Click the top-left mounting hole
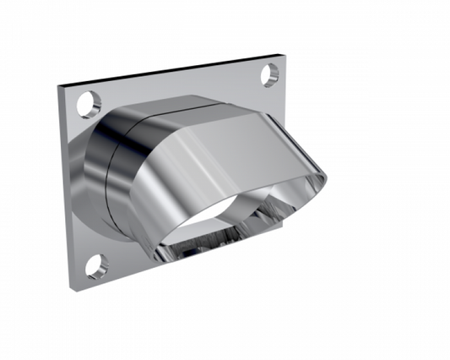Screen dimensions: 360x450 pos(86,106)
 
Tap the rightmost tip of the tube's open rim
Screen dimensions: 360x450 pos(327,177)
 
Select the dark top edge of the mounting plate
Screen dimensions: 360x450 pos(169,70)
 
